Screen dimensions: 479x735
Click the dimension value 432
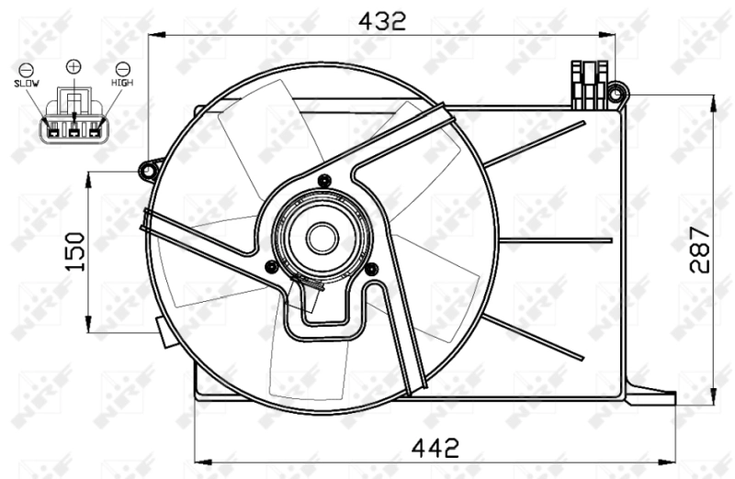(x=381, y=20)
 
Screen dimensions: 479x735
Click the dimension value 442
(x=434, y=449)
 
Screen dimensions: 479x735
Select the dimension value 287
(x=702, y=249)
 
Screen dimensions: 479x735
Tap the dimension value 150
(x=75, y=251)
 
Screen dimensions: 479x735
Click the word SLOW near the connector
(x=26, y=84)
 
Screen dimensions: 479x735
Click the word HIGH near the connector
(x=122, y=84)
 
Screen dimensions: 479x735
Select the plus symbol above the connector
(x=73, y=66)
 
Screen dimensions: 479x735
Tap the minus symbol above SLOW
(x=26, y=69)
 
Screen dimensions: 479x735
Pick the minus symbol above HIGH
(x=122, y=69)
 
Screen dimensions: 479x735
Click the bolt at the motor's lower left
(x=270, y=267)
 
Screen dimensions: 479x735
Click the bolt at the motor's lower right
(x=371, y=269)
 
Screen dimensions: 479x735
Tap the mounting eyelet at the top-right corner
(x=617, y=92)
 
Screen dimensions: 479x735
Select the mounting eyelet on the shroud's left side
(x=147, y=169)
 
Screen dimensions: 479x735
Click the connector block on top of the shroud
(x=590, y=81)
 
